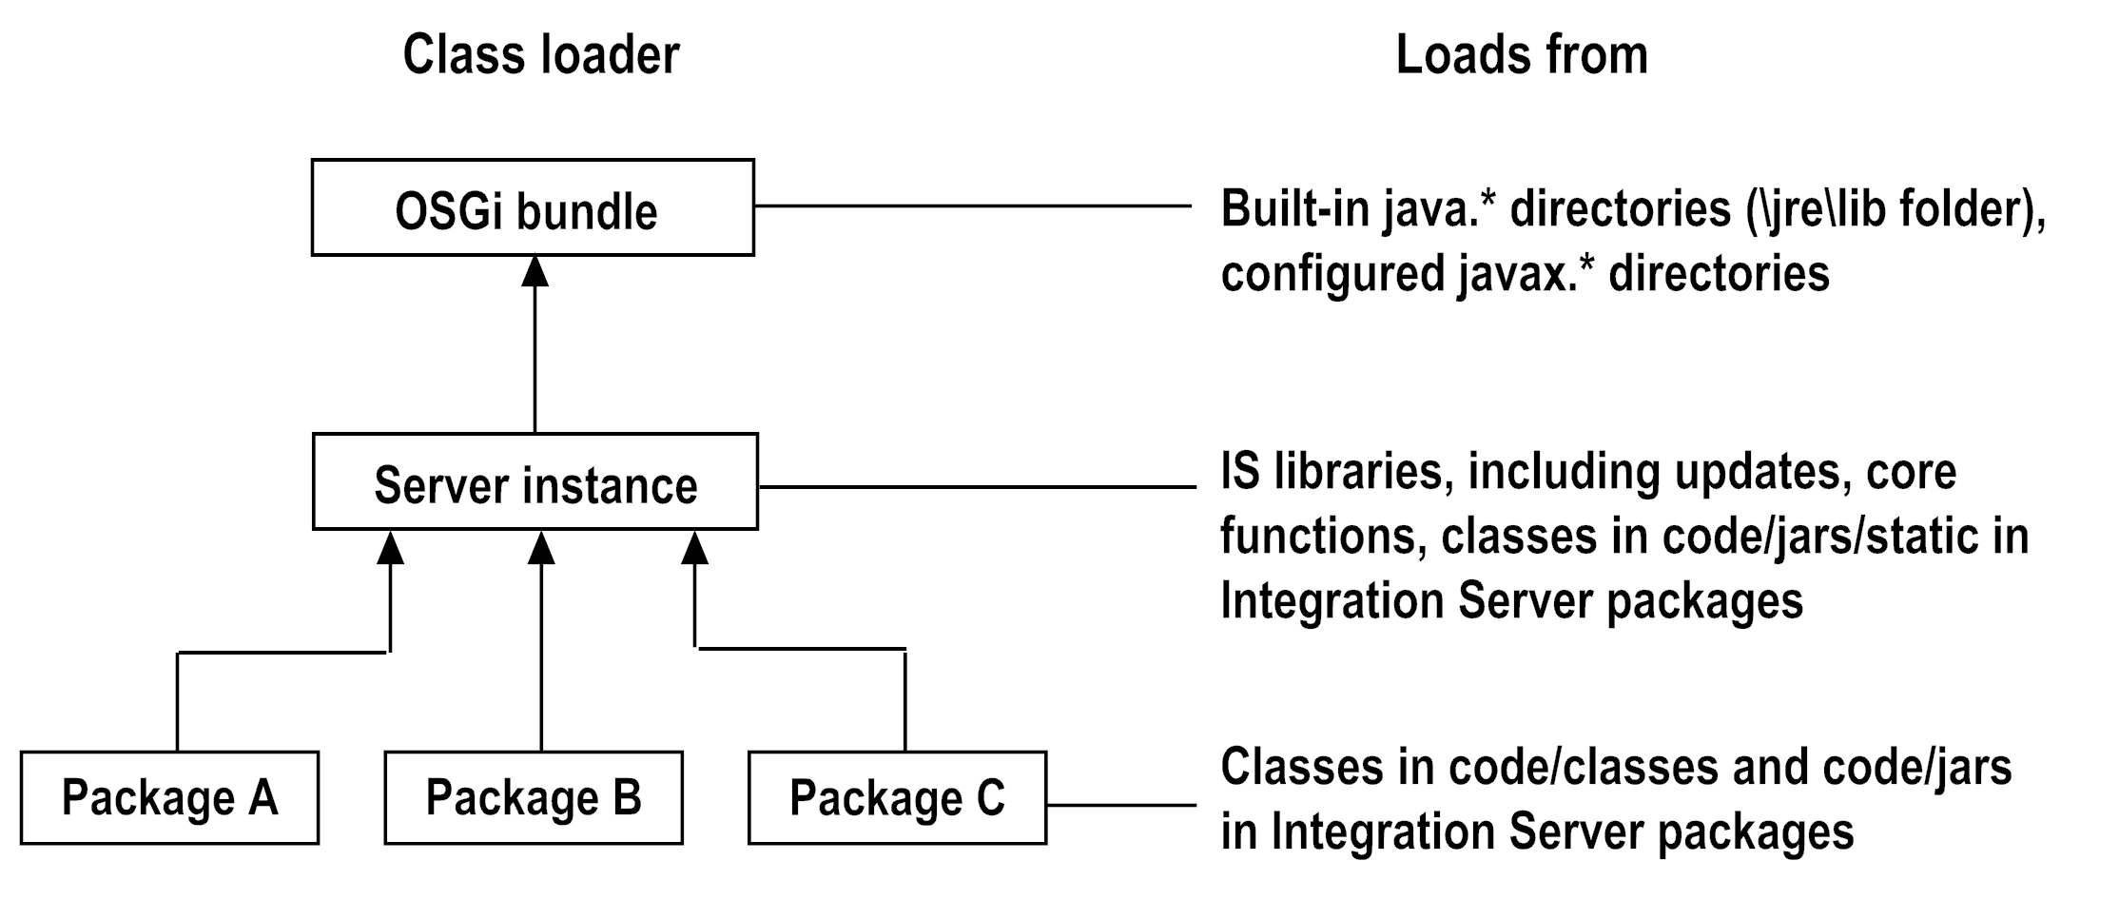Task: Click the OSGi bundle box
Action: (x=533, y=208)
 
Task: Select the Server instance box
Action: (x=535, y=482)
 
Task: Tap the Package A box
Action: (x=169, y=798)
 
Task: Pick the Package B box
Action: (x=534, y=798)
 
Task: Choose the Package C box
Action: (x=897, y=798)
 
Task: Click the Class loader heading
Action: (x=540, y=55)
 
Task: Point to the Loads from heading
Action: (x=1521, y=55)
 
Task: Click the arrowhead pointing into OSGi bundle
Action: (x=535, y=271)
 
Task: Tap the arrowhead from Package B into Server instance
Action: (x=541, y=548)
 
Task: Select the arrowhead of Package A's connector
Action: (x=390, y=548)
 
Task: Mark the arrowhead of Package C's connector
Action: (x=695, y=548)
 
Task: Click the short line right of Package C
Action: (x=1120, y=805)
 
